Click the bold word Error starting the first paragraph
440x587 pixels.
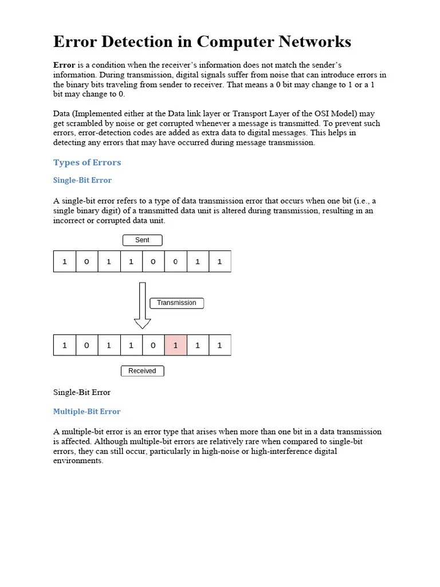coord(64,65)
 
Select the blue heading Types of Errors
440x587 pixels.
coord(87,162)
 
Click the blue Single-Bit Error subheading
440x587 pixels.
coord(82,181)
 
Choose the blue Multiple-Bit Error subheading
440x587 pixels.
coord(87,412)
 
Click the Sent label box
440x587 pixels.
coord(142,240)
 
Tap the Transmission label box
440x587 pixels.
coord(176,303)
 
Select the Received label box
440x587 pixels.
coord(142,371)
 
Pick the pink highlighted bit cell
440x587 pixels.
coord(175,345)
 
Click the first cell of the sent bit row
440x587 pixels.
coord(65,261)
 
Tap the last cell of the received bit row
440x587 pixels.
coord(219,345)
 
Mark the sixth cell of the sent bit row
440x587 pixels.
coord(175,261)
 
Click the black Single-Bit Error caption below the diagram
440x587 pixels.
coord(81,393)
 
